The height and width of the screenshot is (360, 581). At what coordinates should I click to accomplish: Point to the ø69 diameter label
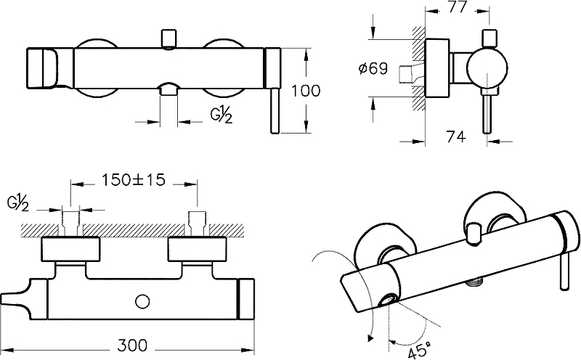pyautogui.click(x=374, y=70)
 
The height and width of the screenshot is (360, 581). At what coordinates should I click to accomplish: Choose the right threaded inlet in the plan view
pyautogui.click(x=196, y=221)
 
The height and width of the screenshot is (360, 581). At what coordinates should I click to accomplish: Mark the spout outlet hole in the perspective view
pyautogui.click(x=390, y=300)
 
